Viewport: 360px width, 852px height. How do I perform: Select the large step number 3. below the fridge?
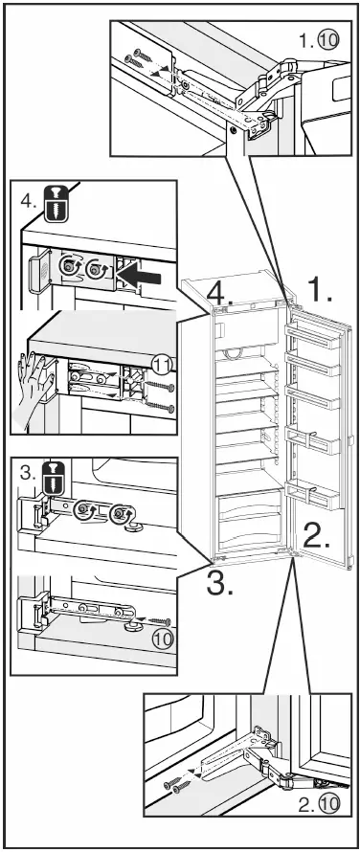[221, 582]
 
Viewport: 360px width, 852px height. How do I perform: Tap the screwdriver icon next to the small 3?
[56, 476]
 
